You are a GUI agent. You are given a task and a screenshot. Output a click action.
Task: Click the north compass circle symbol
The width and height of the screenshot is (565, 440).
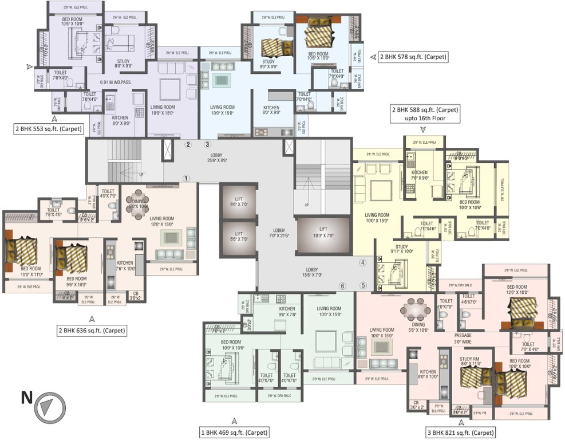pos(46,407)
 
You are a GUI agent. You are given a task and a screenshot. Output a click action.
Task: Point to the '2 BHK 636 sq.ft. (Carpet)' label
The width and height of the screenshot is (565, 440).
pos(92,331)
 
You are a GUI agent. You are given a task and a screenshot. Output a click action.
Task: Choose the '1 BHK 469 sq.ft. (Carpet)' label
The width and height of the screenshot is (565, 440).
pos(235,433)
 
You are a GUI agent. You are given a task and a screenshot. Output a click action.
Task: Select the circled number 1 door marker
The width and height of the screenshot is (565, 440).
pos(186,178)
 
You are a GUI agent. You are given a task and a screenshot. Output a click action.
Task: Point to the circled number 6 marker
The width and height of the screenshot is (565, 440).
pos(343,286)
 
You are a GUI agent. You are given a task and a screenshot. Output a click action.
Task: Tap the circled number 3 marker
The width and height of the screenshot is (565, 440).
pos(208,144)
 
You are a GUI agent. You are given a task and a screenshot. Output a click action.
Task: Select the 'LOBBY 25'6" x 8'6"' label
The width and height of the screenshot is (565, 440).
pos(218,158)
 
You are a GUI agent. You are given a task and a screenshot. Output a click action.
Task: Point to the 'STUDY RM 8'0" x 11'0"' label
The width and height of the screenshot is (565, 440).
pos(471,362)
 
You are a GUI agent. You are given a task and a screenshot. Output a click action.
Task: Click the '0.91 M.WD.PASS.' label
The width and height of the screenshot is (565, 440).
pos(116,82)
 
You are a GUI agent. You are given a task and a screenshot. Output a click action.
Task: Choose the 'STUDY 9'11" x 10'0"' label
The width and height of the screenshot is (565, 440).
pos(401,249)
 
